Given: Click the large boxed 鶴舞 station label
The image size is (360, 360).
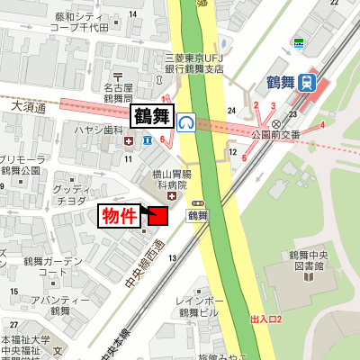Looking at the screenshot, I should pyautogui.click(x=151, y=116).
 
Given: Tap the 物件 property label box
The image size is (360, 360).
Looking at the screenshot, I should pyautogui.click(x=119, y=216).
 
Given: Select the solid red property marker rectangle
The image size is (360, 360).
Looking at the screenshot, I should pyautogui.click(x=157, y=216).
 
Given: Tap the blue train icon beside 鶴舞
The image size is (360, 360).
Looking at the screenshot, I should pyautogui.click(x=308, y=83).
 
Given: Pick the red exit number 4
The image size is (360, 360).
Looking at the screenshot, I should pyautogui.click(x=321, y=124).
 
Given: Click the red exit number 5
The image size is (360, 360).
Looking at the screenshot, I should pyautogui.click(x=243, y=159).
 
